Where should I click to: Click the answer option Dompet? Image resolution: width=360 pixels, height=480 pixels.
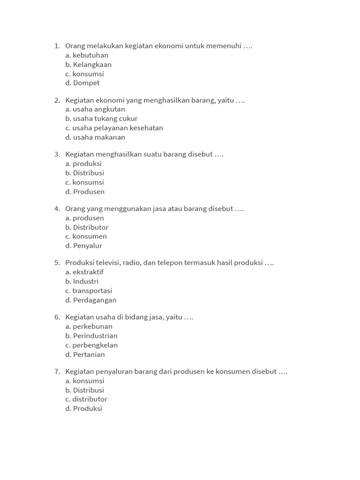[82, 83]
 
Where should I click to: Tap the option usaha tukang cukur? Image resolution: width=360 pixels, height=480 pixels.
[101, 119]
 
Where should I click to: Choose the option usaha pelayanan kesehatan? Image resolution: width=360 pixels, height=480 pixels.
[114, 128]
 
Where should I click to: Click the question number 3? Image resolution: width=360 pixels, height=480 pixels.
[57, 154]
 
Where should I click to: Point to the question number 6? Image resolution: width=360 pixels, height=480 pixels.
[57, 317]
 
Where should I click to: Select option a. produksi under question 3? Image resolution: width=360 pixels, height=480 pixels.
[83, 164]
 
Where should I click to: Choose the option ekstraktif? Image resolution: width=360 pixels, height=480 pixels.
[84, 272]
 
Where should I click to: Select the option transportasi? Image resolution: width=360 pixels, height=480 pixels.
[89, 291]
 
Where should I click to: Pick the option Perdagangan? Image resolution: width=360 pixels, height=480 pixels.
[91, 300]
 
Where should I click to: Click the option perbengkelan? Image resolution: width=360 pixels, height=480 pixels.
[91, 345]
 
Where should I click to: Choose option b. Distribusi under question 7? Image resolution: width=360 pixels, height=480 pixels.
[84, 390]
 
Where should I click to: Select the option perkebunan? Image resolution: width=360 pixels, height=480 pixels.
[89, 326]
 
